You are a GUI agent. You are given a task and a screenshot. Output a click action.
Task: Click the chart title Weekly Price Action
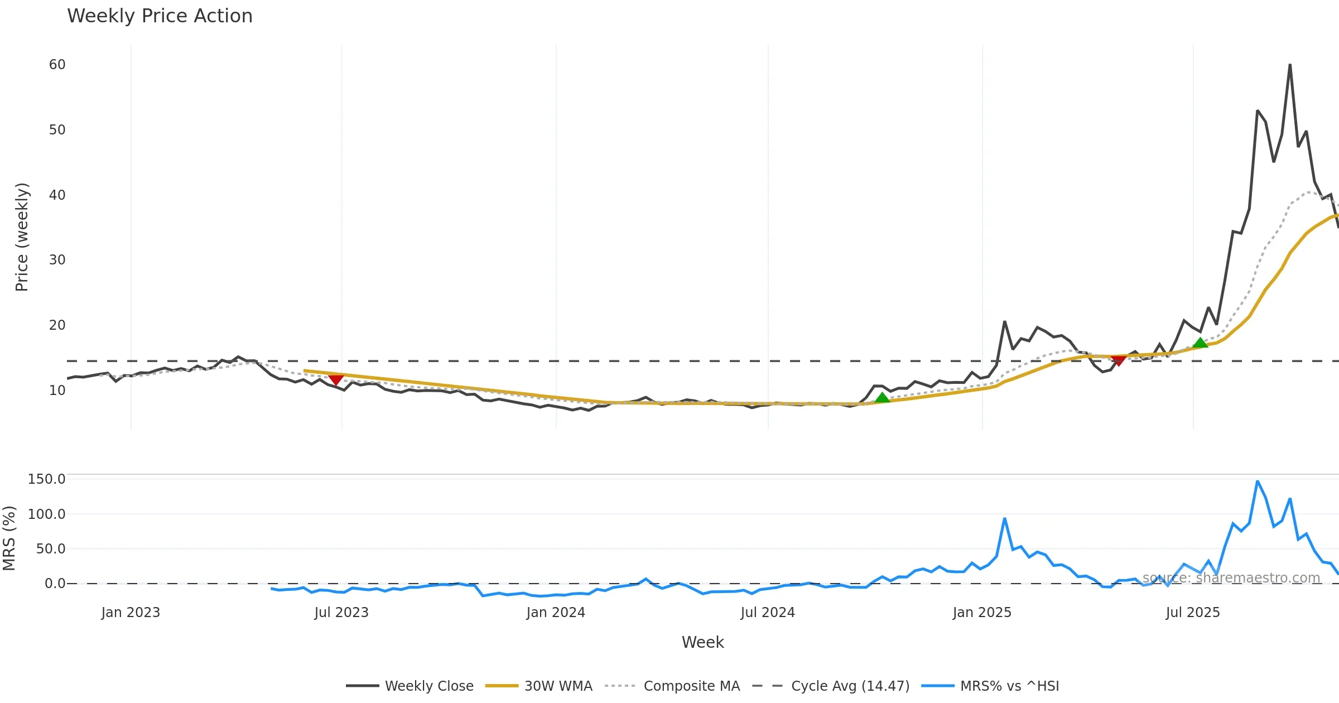pyautogui.click(x=160, y=16)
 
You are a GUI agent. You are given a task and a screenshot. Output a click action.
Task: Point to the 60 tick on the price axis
pyautogui.click(x=57, y=65)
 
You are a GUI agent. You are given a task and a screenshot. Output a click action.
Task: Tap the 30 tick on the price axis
pyautogui.click(x=57, y=260)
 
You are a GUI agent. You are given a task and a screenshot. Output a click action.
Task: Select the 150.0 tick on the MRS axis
pyautogui.click(x=46, y=479)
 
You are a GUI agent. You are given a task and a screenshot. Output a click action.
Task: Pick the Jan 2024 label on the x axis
pyautogui.click(x=555, y=613)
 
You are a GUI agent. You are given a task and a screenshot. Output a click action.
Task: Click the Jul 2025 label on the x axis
pyautogui.click(x=1192, y=613)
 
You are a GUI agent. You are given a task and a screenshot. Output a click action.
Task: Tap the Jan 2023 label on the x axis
pyautogui.click(x=131, y=613)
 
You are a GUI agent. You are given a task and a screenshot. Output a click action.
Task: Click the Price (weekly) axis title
pyautogui.click(x=22, y=237)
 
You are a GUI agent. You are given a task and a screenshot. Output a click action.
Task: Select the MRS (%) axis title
pyautogui.click(x=9, y=538)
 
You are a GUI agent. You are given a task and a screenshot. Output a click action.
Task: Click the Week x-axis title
pyautogui.click(x=702, y=643)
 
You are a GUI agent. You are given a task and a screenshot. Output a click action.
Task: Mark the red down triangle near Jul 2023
pyautogui.click(x=335, y=380)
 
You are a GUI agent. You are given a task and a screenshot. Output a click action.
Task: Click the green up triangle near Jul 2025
pyautogui.click(x=1200, y=343)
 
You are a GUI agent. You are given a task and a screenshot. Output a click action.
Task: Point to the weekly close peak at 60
pyautogui.click(x=1290, y=65)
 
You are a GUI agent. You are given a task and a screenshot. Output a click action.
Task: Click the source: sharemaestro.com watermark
pyautogui.click(x=1231, y=578)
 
